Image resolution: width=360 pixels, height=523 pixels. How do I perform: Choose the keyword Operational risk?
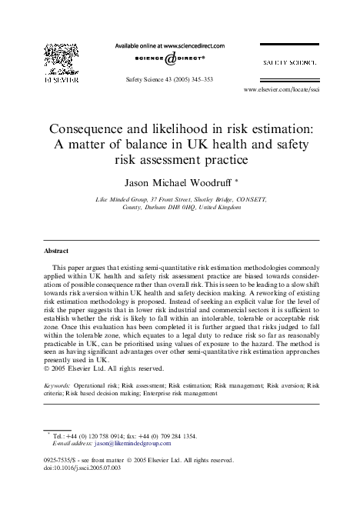[98, 382]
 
